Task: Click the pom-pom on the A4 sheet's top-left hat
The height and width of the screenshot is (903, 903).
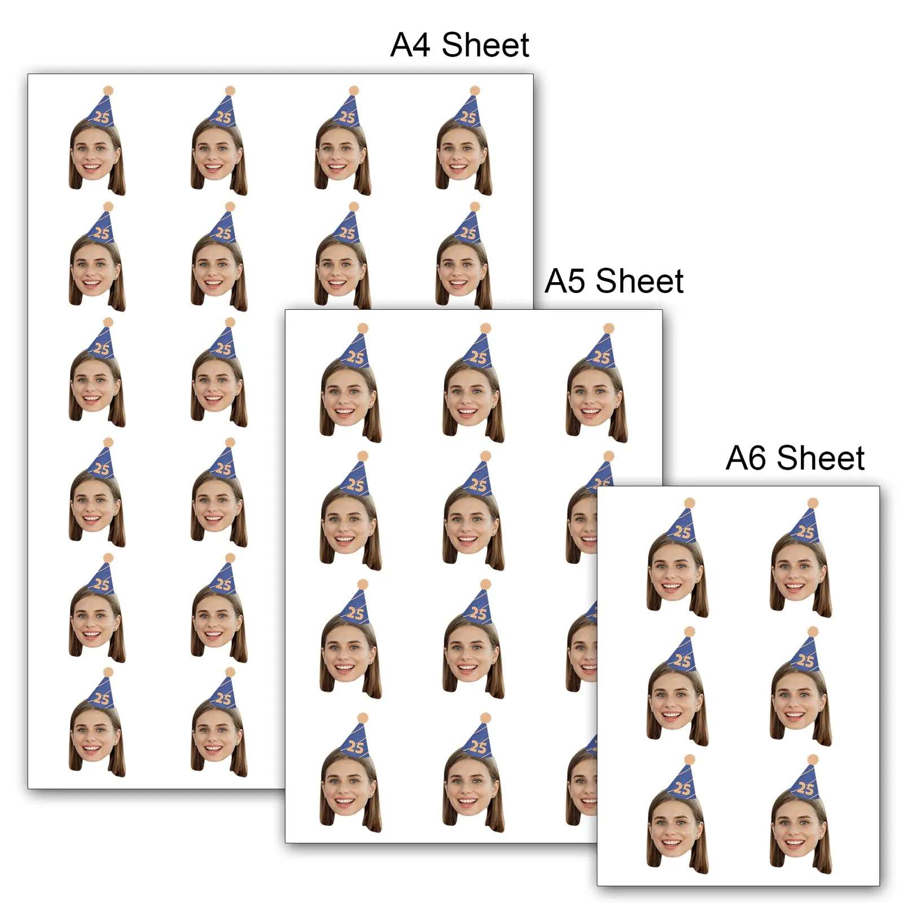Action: [108, 90]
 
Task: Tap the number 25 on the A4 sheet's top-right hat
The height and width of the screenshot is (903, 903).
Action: [468, 117]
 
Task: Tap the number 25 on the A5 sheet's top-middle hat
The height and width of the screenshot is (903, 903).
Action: [478, 357]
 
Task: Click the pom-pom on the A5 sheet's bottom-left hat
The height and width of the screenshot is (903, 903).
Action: [362, 718]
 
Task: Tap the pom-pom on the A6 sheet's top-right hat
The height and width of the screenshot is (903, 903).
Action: [813, 503]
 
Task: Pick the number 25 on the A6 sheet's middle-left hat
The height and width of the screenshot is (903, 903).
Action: [682, 660]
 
